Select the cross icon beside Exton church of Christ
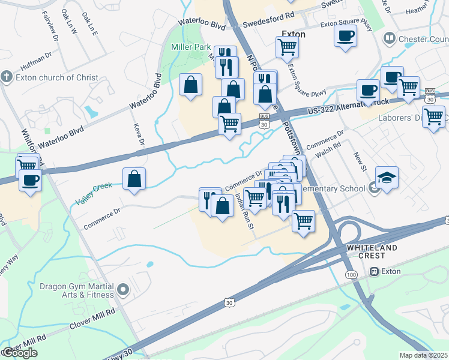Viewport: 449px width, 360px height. (x=6, y=77)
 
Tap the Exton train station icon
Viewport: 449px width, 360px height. (x=376, y=271)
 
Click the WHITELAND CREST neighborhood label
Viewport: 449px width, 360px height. (x=372, y=252)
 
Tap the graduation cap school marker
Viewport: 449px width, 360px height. (x=387, y=178)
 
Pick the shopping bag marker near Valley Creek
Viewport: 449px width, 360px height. (x=134, y=178)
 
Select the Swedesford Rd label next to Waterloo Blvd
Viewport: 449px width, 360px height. (x=268, y=25)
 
